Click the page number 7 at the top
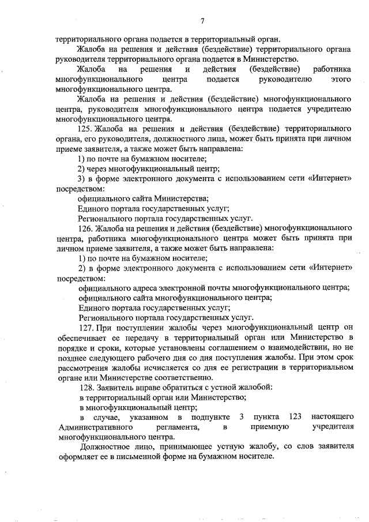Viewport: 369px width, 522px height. pos(202,21)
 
